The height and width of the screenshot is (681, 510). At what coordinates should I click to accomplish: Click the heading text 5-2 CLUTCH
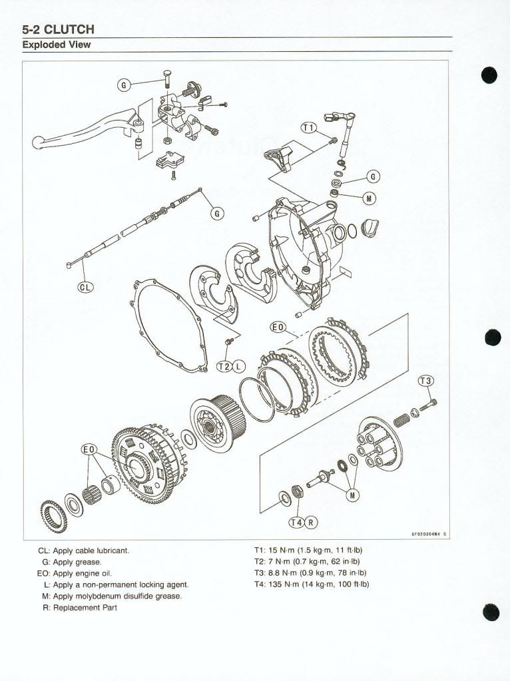(59, 29)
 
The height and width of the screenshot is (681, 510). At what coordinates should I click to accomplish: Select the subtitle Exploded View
(57, 45)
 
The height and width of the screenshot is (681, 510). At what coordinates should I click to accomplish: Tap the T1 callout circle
(309, 128)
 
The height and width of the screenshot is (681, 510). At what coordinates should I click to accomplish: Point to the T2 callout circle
(226, 367)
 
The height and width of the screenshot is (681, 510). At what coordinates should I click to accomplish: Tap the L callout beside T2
(239, 367)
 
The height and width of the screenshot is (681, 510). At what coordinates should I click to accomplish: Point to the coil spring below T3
(403, 420)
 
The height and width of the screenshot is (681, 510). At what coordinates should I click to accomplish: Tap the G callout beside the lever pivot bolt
(123, 85)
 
